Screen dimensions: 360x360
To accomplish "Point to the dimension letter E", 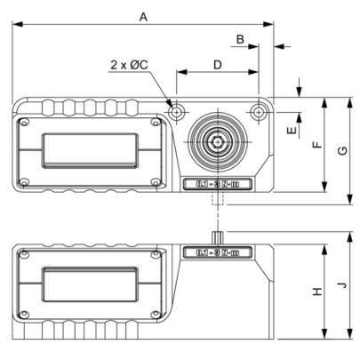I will pyautogui.click(x=292, y=130).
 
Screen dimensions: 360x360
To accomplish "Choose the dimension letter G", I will pyautogui.click(x=343, y=150).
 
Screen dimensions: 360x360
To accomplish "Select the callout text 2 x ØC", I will pyautogui.click(x=130, y=64).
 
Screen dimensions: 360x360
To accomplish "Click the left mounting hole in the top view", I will pyautogui.click(x=177, y=111).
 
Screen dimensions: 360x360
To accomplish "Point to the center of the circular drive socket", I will pyautogui.click(x=218, y=142).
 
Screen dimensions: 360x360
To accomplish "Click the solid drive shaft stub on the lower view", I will pyautogui.click(x=218, y=237).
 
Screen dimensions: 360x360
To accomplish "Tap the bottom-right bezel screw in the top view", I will pyautogui.click(x=156, y=183).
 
